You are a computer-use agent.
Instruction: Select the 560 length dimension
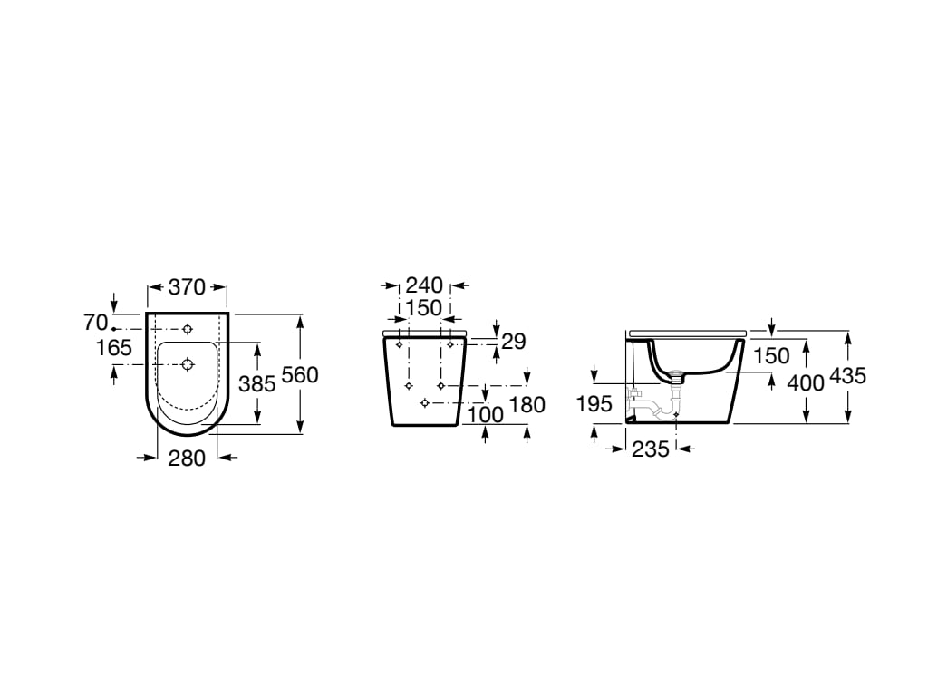tap(300, 374)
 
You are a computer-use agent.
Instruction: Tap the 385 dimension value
tap(256, 383)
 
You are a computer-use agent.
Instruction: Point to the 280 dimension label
tap(187, 459)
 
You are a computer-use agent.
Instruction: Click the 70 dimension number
tap(95, 322)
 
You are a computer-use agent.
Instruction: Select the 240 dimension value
tap(424, 286)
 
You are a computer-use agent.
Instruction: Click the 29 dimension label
tap(513, 342)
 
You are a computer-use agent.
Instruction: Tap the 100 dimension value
tap(484, 415)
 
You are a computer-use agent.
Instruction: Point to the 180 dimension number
tap(527, 405)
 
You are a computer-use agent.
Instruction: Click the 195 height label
tap(594, 404)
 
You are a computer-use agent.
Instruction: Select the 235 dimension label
tap(650, 448)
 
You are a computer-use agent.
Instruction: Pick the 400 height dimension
tap(805, 382)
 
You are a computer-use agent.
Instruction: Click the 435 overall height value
tap(848, 375)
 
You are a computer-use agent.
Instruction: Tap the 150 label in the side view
tap(771, 356)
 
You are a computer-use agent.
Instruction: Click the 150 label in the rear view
tap(423, 308)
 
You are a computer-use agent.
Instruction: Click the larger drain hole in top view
tap(188, 364)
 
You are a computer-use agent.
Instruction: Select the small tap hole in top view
tap(188, 328)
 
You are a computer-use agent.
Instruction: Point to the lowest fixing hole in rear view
tap(424, 402)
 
